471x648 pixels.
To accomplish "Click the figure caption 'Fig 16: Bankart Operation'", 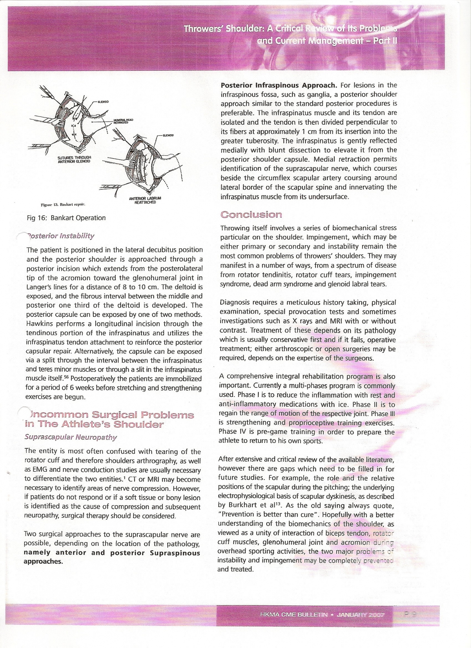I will point(66,218).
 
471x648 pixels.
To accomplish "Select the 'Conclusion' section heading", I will point(251,214).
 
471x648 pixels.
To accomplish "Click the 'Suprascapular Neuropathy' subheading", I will point(70,437).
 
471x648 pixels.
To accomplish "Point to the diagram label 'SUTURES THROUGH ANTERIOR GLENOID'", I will point(75,159).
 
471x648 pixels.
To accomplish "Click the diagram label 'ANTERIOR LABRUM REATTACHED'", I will point(143,200).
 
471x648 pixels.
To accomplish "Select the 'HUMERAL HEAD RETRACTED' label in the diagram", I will point(123,121).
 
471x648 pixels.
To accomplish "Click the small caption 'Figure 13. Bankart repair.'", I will point(63,205).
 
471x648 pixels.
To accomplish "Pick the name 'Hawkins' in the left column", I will point(40,324).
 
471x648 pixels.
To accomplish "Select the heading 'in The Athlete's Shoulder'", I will point(94,424).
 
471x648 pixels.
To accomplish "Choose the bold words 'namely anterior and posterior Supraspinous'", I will point(112,553).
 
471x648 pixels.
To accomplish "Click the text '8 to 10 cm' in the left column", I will point(154,287).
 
